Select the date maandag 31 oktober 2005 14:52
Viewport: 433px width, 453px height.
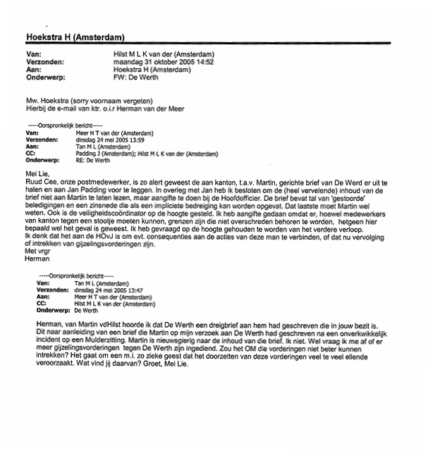pyautogui.click(x=165, y=61)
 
